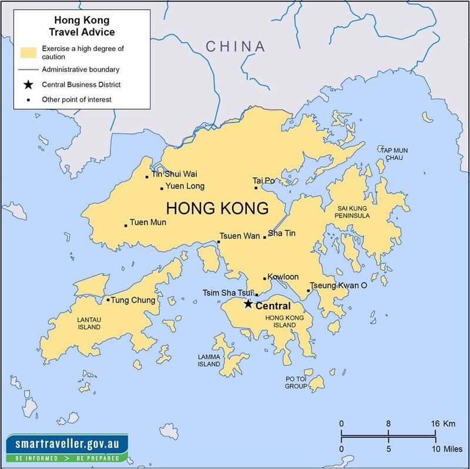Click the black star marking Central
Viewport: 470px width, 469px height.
click(249, 304)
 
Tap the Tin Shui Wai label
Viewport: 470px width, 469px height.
click(174, 174)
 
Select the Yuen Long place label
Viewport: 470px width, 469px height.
click(185, 186)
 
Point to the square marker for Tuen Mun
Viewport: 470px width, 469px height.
click(126, 225)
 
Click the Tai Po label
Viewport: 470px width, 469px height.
click(264, 180)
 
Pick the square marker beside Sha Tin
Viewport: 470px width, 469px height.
click(265, 237)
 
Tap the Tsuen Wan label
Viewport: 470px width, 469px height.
click(240, 236)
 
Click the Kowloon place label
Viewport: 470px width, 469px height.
click(283, 277)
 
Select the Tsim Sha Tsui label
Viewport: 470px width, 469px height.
click(227, 293)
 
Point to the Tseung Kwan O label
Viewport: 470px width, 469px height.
click(338, 285)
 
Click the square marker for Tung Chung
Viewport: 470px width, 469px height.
click(108, 300)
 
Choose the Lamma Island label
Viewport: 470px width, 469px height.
click(209, 360)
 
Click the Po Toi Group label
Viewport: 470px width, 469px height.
click(296, 383)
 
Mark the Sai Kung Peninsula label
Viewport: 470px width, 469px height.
click(353, 212)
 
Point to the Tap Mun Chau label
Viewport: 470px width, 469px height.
click(394, 155)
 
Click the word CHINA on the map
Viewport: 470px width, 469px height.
click(235, 46)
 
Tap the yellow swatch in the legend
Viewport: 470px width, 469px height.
click(29, 52)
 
